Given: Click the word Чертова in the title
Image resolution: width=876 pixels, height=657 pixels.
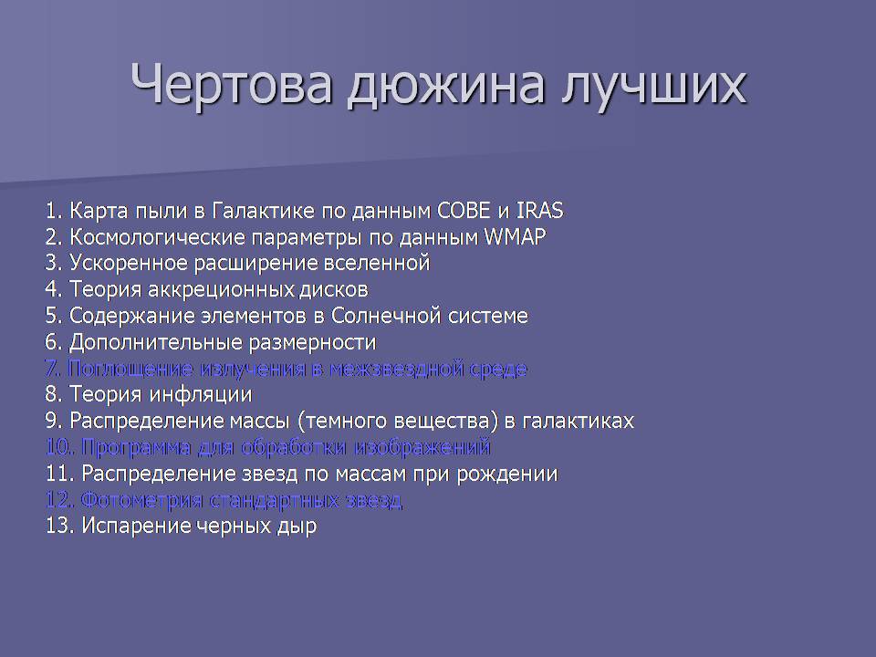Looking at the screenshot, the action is [232, 84].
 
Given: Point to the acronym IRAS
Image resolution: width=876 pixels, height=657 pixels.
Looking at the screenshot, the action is [539, 211].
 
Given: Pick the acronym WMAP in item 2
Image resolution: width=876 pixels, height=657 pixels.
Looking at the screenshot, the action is [515, 237].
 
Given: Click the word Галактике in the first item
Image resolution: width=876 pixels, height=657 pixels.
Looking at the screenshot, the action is [264, 211].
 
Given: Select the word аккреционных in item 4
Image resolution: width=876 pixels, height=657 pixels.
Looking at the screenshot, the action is [221, 289].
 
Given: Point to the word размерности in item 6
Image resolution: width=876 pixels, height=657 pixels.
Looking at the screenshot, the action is [312, 342].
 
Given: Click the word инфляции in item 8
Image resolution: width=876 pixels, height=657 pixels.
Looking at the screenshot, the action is [202, 395].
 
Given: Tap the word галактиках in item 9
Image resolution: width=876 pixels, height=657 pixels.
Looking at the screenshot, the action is [579, 421].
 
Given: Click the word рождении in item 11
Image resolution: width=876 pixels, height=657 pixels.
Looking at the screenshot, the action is [507, 474].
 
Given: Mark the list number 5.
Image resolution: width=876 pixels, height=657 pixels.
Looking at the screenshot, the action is [53, 316].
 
